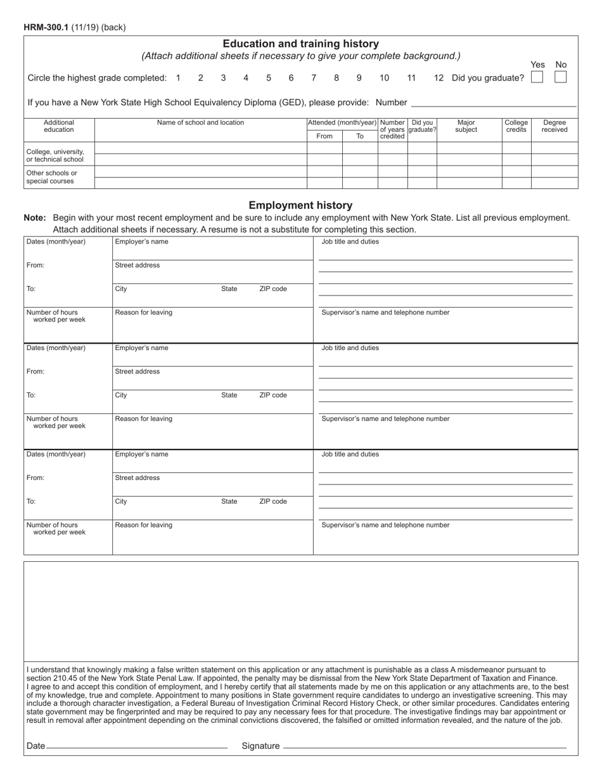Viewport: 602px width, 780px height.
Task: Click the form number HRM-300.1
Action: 47,27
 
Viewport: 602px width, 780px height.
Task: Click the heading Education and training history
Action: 300,44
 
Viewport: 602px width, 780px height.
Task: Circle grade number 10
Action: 384,78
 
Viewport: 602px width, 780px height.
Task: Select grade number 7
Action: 314,78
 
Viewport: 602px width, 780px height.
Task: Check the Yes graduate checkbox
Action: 537,77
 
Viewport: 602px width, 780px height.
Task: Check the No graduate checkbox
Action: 560,77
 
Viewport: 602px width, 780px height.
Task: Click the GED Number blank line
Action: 494,103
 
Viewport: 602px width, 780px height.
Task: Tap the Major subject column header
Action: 466,126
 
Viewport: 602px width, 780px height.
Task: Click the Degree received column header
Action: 554,126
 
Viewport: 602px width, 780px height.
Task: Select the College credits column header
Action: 516,126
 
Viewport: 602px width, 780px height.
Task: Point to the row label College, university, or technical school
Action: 55,155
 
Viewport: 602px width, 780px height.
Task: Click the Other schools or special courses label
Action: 52,177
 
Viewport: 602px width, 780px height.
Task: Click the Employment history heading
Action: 300,205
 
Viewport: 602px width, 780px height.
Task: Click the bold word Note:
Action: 35,218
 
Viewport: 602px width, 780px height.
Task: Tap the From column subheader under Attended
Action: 324,136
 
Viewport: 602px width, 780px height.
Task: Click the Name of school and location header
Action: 200,122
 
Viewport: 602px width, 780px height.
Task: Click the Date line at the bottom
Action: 136,746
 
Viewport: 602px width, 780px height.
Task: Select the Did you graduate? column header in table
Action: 422,126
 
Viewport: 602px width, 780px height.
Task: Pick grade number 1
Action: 178,78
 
